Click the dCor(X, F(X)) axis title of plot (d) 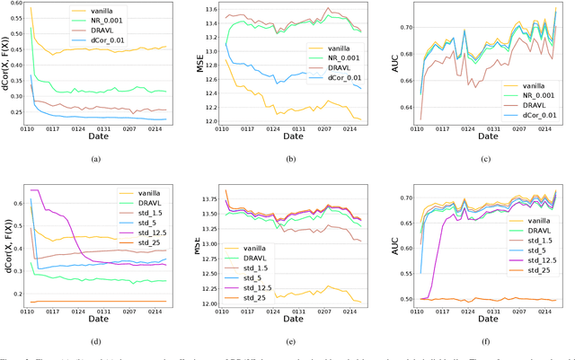click(6, 242)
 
